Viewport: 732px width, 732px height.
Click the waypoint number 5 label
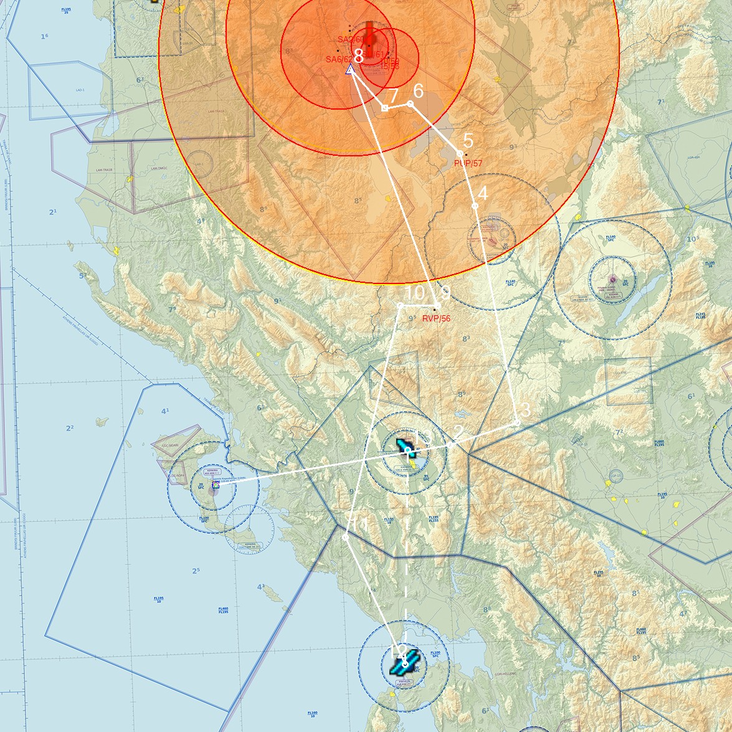[468, 141]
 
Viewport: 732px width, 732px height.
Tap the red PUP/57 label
[468, 163]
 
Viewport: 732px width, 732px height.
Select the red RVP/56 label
[436, 318]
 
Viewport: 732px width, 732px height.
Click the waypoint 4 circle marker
[475, 206]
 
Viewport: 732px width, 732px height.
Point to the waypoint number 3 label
[525, 410]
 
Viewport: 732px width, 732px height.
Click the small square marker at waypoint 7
[385, 108]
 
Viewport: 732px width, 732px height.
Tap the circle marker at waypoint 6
[410, 103]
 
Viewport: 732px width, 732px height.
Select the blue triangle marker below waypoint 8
[350, 70]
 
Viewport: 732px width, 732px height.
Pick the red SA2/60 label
[350, 39]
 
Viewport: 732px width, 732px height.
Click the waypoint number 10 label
[414, 293]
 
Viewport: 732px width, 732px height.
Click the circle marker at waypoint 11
[346, 537]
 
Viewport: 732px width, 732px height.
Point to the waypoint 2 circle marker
[450, 446]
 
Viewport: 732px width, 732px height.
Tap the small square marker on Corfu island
[216, 485]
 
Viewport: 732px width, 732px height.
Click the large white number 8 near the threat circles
[358, 56]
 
